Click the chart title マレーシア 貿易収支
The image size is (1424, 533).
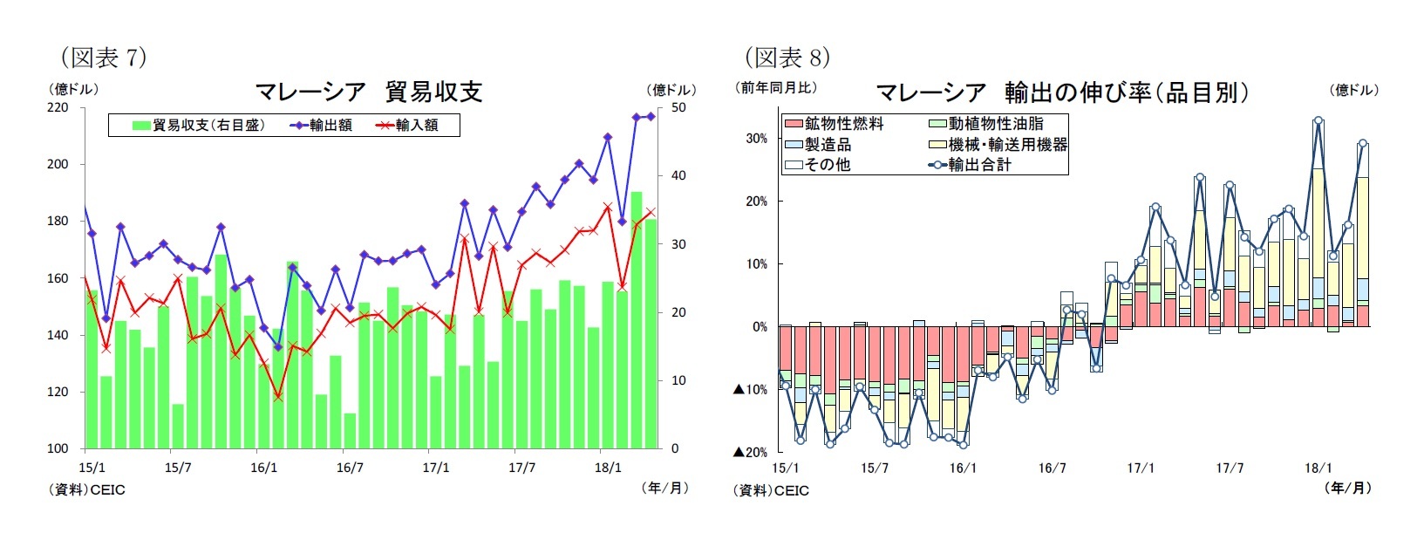(x=368, y=92)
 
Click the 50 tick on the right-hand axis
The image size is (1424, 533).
(x=678, y=107)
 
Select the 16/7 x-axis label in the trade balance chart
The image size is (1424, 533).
(x=350, y=468)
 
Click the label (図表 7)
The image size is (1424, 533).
(x=104, y=58)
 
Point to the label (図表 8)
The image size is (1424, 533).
(x=787, y=58)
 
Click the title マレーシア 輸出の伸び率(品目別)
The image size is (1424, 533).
(x=1061, y=92)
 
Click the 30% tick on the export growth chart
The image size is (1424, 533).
(x=756, y=139)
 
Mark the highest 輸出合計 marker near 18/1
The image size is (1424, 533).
(x=1318, y=121)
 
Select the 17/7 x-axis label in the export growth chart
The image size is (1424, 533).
(x=1230, y=468)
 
